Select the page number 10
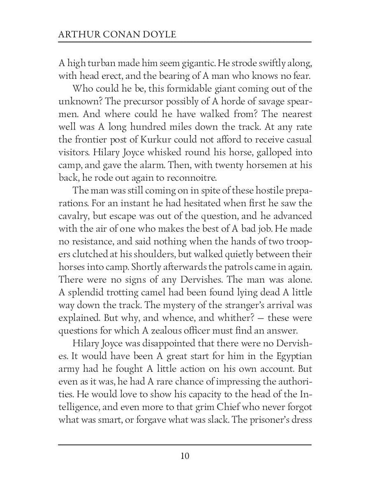click(x=185, y=456)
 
